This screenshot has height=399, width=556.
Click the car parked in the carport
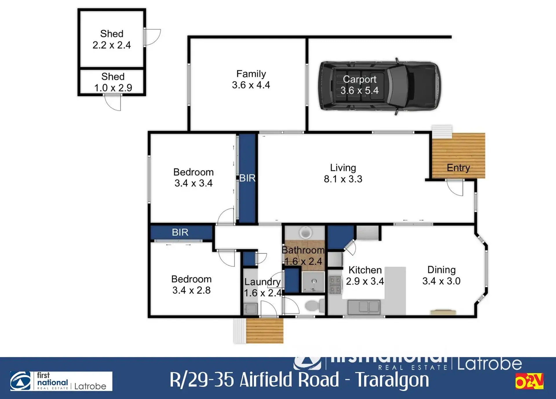point(380,86)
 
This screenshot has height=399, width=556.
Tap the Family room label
point(251,79)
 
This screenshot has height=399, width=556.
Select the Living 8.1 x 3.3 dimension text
point(343,179)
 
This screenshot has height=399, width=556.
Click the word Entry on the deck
point(458,167)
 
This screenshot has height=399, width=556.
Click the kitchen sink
point(364,307)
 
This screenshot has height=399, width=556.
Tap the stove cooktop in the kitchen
point(335,285)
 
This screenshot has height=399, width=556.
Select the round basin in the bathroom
point(305,232)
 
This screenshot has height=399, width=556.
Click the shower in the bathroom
point(313,282)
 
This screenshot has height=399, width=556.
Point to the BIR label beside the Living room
point(247,178)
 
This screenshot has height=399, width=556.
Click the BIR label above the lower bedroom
point(180,232)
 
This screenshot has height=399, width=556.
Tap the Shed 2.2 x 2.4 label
point(112,39)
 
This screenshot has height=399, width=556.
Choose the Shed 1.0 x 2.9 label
point(113,82)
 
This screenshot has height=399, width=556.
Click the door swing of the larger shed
point(152,37)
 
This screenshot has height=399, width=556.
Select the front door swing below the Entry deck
point(455,188)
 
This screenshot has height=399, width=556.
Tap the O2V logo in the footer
point(529,381)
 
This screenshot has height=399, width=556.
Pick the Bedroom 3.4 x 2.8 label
point(191,285)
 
